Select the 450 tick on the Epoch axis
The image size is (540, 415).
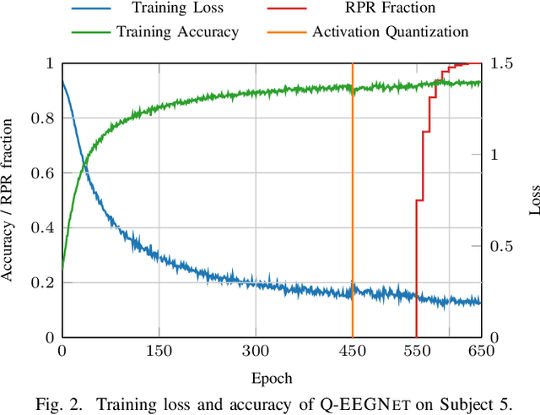click(352, 351)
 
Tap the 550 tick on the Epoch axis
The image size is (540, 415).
click(417, 351)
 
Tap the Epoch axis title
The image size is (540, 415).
click(271, 377)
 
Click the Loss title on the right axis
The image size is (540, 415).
click(531, 200)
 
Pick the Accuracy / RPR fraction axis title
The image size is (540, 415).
click(8, 200)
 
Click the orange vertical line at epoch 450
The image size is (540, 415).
click(352, 211)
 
